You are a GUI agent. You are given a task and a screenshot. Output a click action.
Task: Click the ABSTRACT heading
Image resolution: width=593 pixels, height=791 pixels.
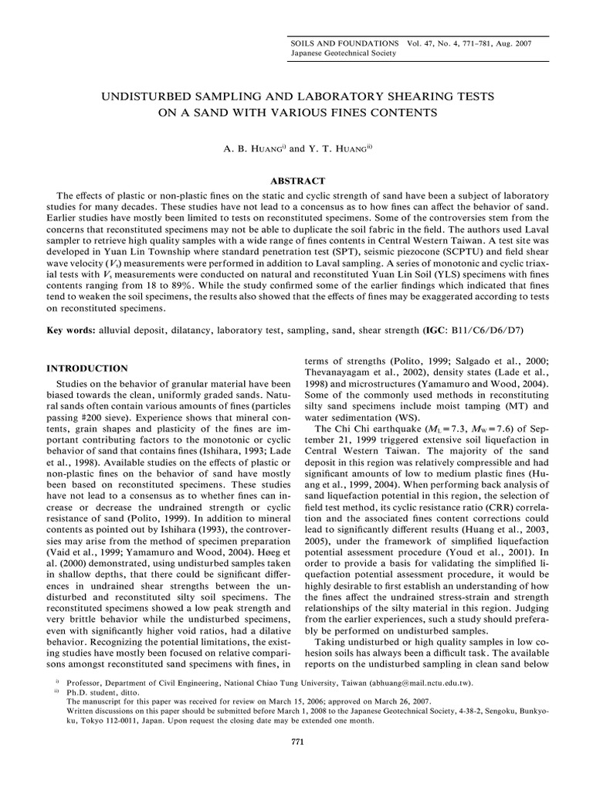tap(296, 179)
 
